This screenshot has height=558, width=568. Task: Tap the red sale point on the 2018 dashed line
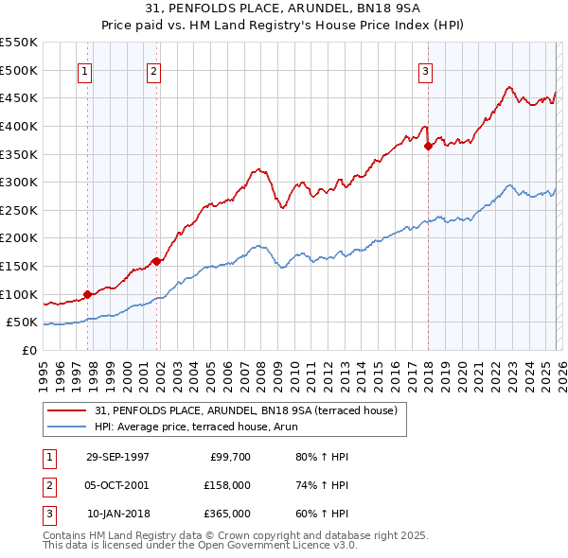[x=428, y=146]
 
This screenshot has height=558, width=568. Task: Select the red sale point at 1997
[x=88, y=294]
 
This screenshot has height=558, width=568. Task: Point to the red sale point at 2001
[x=156, y=262]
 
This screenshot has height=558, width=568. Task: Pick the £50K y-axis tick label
[x=23, y=323]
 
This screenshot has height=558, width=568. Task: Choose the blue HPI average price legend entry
[x=209, y=427]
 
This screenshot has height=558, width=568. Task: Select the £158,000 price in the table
[x=228, y=485]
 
